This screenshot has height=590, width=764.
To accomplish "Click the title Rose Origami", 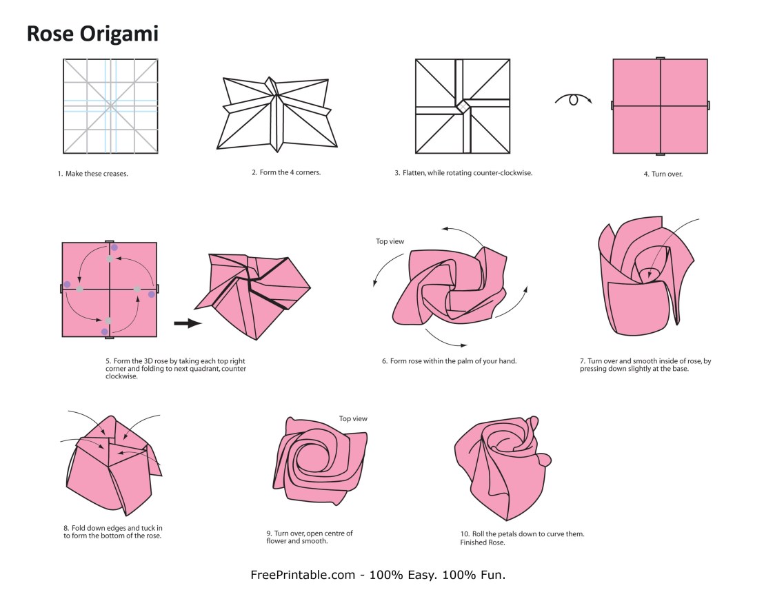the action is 92,34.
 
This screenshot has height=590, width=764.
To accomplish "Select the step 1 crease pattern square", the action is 110,106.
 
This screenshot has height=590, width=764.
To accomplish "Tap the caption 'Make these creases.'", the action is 97,174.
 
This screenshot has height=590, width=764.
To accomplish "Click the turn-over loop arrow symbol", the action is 574,99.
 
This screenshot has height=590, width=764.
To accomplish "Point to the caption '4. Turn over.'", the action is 663,174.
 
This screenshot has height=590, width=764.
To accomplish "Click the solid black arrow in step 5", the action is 188,323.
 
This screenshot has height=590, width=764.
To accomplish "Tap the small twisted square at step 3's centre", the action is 463,106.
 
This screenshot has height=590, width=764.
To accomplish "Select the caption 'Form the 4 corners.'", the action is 290,172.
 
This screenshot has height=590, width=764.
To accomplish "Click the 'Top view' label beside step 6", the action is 390,241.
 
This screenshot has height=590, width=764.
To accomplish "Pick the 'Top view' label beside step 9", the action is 353,418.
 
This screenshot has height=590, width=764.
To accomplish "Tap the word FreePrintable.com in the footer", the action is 303,575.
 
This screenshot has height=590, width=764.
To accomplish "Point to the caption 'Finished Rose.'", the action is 483,542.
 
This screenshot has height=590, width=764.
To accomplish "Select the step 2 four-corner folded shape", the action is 277,114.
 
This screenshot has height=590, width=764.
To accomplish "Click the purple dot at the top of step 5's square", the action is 114,248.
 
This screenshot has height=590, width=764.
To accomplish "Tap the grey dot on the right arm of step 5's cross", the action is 137,289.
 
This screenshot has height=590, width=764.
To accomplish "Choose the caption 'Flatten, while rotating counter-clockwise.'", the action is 468,173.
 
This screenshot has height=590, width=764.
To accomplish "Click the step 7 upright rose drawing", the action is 647,276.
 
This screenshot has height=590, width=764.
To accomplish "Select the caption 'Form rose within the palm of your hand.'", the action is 453,361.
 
